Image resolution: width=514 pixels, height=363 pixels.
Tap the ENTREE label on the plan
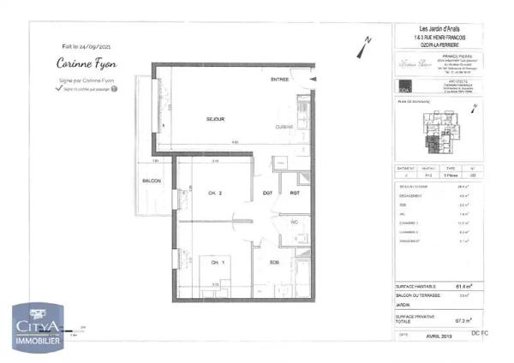point(279,80)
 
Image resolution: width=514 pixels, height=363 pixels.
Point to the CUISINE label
point(285,127)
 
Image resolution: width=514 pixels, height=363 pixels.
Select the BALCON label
point(152,182)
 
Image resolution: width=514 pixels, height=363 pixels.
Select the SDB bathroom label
point(274,262)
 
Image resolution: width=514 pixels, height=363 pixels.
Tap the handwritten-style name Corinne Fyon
point(87,63)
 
